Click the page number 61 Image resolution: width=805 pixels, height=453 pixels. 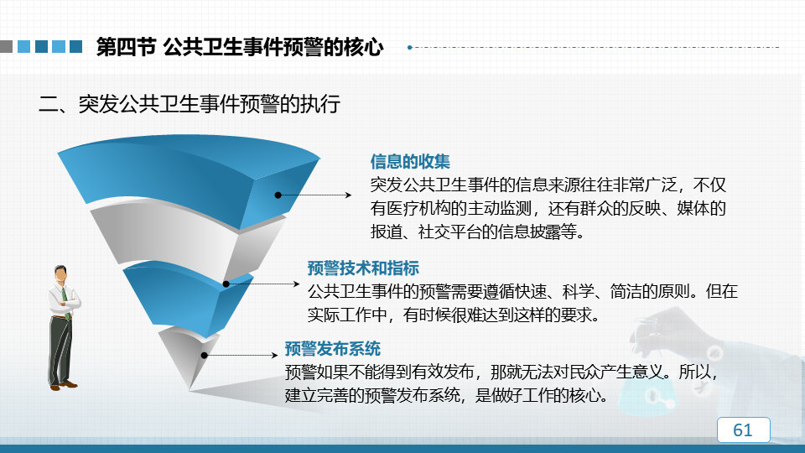743,430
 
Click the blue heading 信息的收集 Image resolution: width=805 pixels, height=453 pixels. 410,162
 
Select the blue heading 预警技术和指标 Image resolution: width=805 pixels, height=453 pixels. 363,268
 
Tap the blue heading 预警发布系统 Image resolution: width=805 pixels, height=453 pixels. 333,349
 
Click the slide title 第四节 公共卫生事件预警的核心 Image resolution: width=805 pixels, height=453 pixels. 240,47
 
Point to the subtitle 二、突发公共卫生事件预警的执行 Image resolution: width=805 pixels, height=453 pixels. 190,104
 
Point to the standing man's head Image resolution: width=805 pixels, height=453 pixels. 61,274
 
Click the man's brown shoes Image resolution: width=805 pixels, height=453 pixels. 64,385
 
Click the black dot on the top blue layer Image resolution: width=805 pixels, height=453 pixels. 278,195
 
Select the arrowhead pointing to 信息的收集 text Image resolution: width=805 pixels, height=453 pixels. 349,195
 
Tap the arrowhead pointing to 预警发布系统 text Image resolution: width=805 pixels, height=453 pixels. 275,355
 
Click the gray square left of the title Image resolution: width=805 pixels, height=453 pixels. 6,47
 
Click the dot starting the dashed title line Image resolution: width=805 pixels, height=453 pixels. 410,47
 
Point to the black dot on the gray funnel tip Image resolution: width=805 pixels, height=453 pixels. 205,355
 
